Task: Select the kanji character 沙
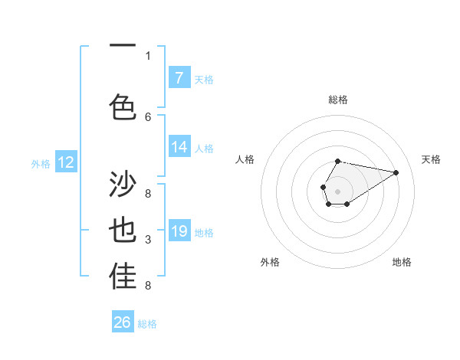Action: click(123, 185)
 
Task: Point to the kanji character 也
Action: click(123, 232)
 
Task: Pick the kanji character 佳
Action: click(123, 278)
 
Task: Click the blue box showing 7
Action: click(179, 78)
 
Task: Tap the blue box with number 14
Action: click(179, 147)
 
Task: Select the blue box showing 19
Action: click(179, 231)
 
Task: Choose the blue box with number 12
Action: click(66, 162)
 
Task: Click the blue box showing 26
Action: click(123, 322)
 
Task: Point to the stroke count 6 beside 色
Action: click(148, 116)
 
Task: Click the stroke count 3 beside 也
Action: click(148, 241)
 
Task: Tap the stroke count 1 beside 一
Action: click(148, 55)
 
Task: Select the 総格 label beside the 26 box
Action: click(147, 324)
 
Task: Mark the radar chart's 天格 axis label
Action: click(431, 159)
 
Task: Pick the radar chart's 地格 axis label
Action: click(402, 262)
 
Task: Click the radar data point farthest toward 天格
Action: click(396, 172)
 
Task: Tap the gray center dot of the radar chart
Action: click(337, 191)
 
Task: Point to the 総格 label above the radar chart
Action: click(337, 100)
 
